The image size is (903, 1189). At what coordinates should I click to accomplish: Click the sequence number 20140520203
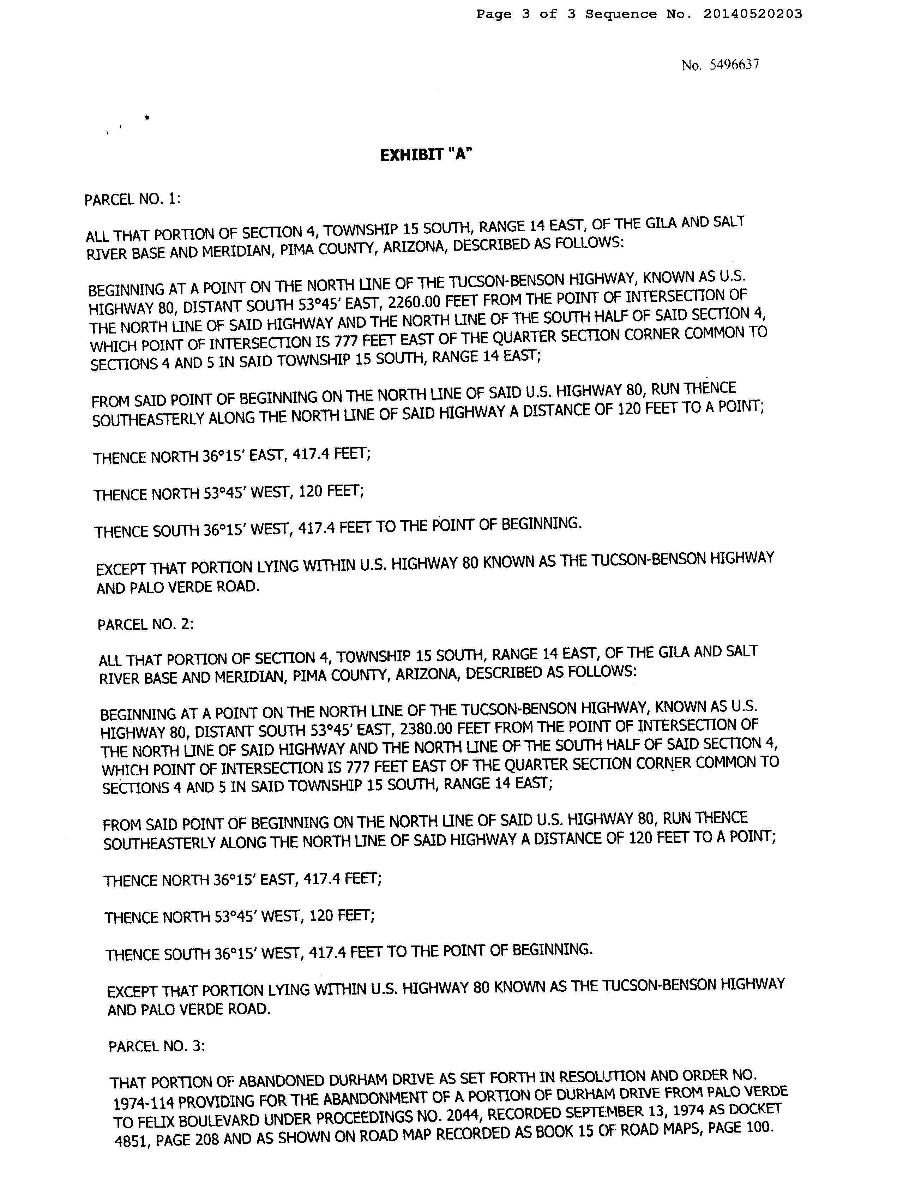(752, 14)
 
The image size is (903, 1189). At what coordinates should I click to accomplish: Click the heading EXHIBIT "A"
(426, 155)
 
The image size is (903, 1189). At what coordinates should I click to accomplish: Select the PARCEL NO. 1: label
(133, 199)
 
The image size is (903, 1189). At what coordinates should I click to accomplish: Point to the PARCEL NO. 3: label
(156, 1046)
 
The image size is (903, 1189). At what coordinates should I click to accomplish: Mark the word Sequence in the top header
(621, 14)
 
